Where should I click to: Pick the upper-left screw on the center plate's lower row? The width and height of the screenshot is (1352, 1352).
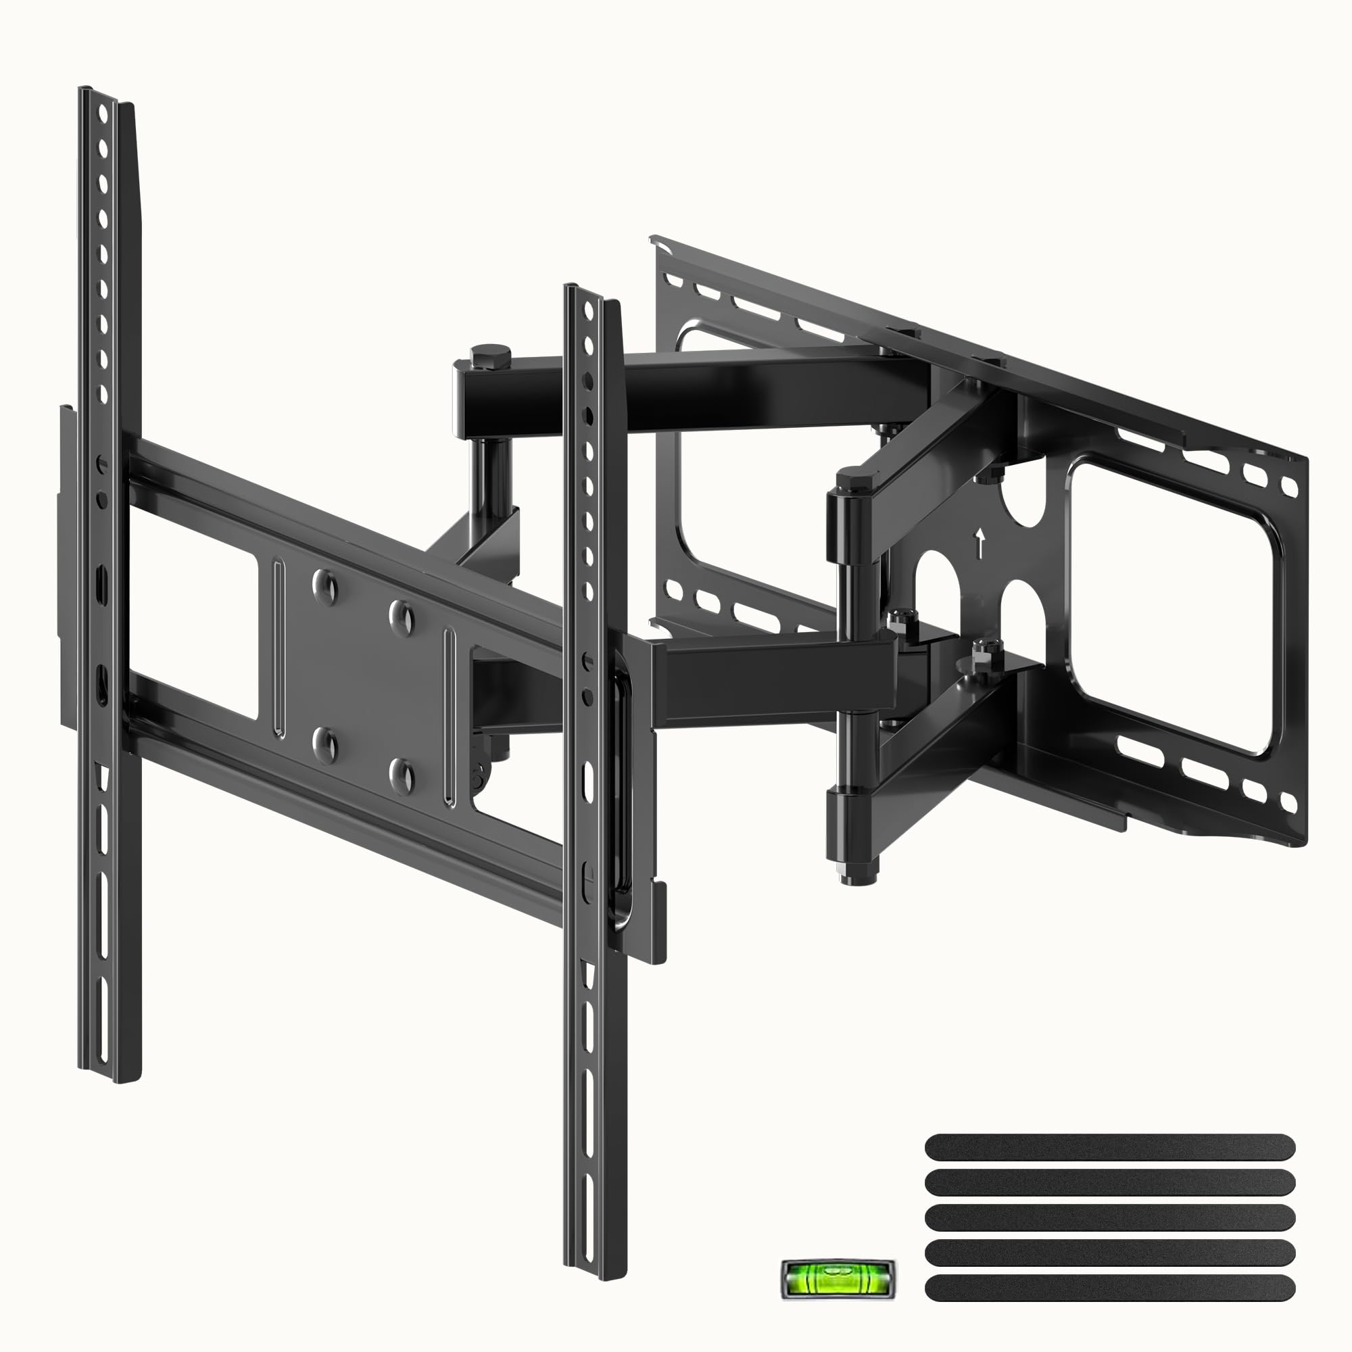(x=324, y=742)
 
